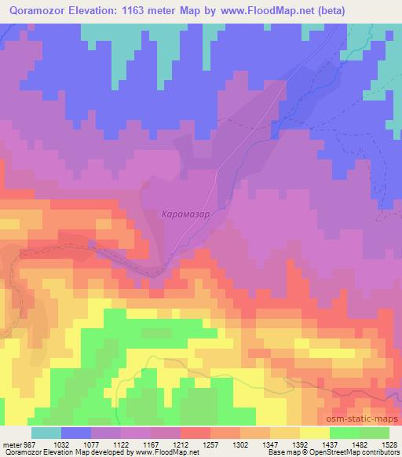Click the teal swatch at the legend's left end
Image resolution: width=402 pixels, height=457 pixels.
tap(46, 433)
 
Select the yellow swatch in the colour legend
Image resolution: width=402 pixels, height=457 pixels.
tap(314, 433)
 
